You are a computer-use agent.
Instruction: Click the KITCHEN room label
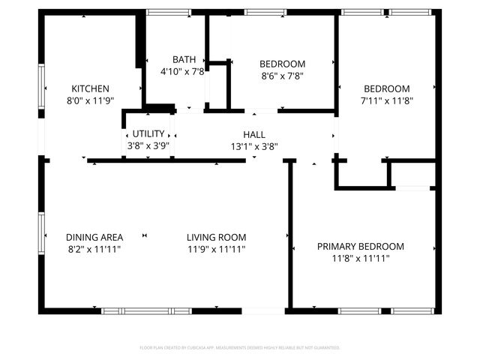90,88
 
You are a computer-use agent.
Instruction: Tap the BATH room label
184,59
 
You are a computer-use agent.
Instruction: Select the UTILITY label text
148,133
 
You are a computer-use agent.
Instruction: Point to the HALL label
253,134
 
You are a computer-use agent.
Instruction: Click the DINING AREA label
94,237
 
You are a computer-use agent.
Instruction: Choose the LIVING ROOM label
216,237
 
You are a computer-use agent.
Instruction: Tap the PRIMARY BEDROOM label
360,246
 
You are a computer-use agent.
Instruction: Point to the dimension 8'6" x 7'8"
282,75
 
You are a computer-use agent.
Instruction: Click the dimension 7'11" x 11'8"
386,100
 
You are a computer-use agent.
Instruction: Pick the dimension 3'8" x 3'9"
148,146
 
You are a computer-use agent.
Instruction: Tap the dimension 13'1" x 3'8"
253,146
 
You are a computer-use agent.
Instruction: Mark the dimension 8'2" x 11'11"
94,249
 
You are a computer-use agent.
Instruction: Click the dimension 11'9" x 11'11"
216,249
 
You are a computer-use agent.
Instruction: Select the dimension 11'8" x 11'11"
360,258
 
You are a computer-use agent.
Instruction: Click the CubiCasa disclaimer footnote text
240,347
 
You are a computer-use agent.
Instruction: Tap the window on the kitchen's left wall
42,88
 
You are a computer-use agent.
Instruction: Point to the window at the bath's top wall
168,12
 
